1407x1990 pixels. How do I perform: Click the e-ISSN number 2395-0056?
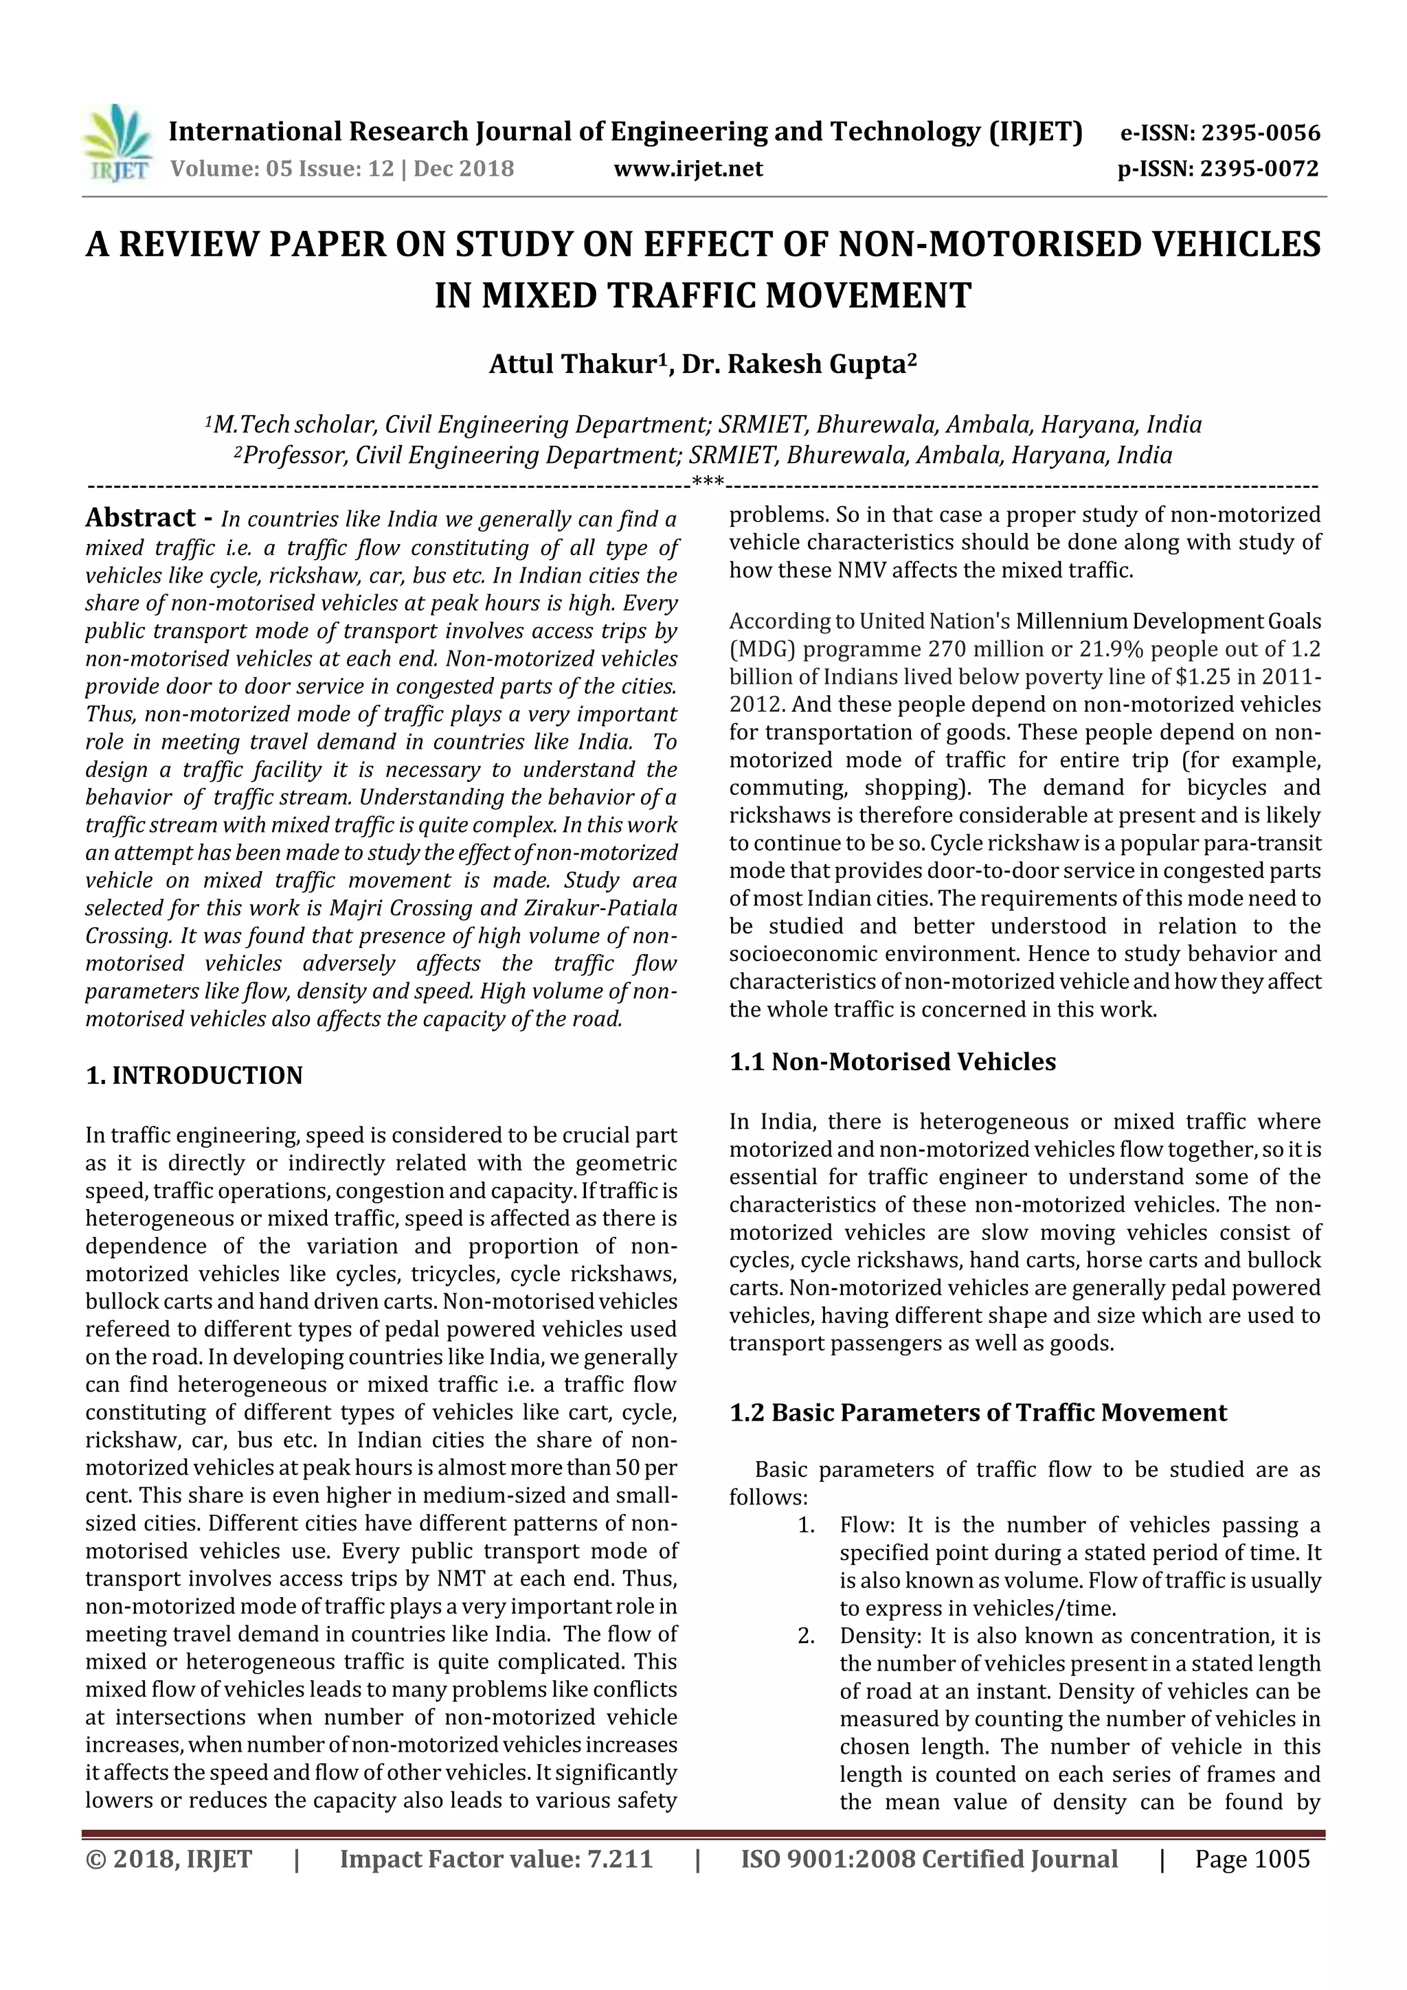click(x=1261, y=133)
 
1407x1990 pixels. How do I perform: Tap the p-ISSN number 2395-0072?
click(x=1259, y=169)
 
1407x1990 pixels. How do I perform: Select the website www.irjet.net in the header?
click(x=688, y=169)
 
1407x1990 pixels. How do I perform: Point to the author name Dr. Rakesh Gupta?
click(x=795, y=364)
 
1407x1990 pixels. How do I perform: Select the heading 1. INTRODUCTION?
click(x=194, y=1076)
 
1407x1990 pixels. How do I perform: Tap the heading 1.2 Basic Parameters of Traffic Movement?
click(x=978, y=1413)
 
